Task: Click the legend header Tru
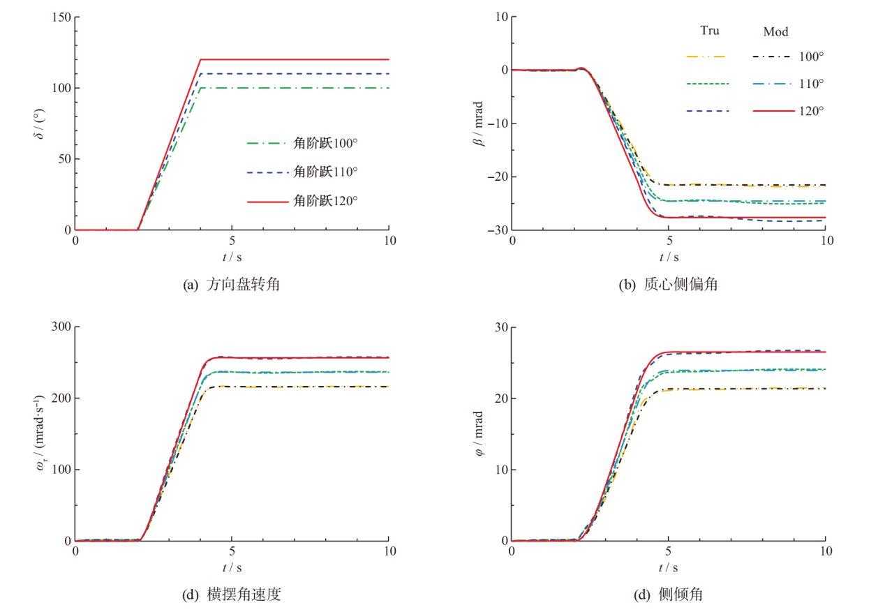point(710,31)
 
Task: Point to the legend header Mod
point(776,31)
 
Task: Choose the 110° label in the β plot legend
point(811,83)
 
